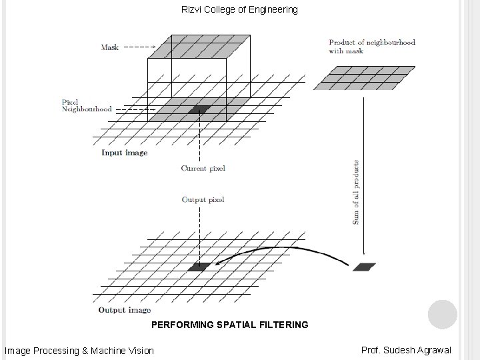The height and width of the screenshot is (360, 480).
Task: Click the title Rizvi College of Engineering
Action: pyautogui.click(x=239, y=10)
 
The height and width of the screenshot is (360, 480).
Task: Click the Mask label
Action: pyautogui.click(x=110, y=47)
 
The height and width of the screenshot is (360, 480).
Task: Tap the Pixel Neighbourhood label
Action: pyautogui.click(x=86, y=105)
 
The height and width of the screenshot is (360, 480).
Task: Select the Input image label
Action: pyautogui.click(x=124, y=153)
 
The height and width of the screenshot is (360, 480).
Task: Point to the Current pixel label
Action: pyautogui.click(x=203, y=168)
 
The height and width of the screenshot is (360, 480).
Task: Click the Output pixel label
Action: pyautogui.click(x=203, y=199)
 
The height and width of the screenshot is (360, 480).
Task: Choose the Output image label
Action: pyautogui.click(x=124, y=310)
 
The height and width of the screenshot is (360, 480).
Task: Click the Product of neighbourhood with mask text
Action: pyautogui.click(x=371, y=46)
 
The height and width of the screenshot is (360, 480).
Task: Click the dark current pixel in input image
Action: pyautogui.click(x=198, y=109)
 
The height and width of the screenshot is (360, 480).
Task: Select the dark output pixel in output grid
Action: pyautogui.click(x=199, y=267)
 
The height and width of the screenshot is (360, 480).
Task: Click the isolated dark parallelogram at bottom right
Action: pyautogui.click(x=364, y=267)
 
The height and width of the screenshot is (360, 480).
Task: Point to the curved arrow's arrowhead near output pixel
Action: pyautogui.click(x=217, y=265)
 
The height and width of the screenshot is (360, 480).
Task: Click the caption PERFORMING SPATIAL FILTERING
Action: pyautogui.click(x=230, y=325)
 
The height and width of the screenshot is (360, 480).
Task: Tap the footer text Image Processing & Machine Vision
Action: pyautogui.click(x=79, y=351)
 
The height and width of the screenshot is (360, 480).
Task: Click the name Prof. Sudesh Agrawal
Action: pyautogui.click(x=406, y=350)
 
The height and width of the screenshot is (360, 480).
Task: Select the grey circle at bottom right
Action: pyautogui.click(x=442, y=314)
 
